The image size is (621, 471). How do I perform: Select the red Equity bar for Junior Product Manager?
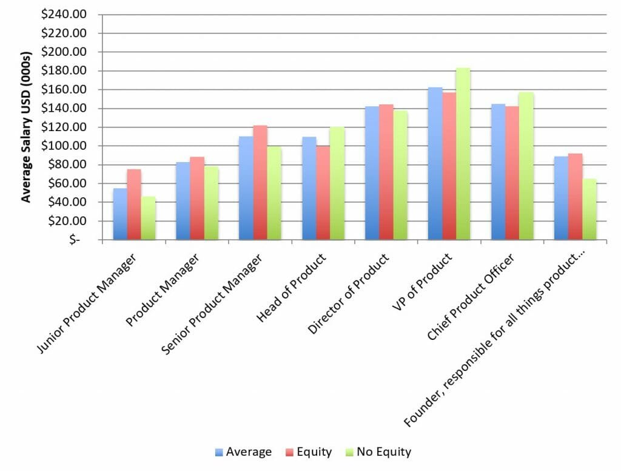134,205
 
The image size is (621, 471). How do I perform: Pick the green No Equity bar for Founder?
589,209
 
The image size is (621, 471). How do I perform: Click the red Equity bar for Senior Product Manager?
260,182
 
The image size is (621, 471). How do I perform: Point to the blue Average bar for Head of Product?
309,188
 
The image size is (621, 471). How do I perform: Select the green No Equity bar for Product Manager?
211,203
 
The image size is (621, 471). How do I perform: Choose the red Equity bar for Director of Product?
386,172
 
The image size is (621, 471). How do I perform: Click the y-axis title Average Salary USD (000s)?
27,127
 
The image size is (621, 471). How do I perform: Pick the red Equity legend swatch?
290,452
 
